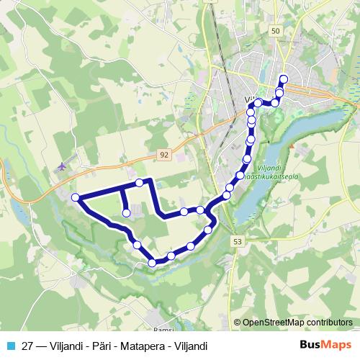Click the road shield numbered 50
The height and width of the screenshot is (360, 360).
point(276,31)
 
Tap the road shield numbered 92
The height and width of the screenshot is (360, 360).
point(165,155)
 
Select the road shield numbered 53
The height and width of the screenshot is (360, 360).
point(238,243)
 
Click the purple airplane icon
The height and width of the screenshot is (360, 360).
point(60,166)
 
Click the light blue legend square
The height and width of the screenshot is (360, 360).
point(9,346)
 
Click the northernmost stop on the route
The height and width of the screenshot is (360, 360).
point(284,79)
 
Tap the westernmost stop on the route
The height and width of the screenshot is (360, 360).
point(75,197)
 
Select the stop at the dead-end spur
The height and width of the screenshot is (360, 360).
point(126,213)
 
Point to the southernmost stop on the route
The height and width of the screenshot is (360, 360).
point(152,263)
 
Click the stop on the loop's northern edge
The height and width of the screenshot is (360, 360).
point(140,183)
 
